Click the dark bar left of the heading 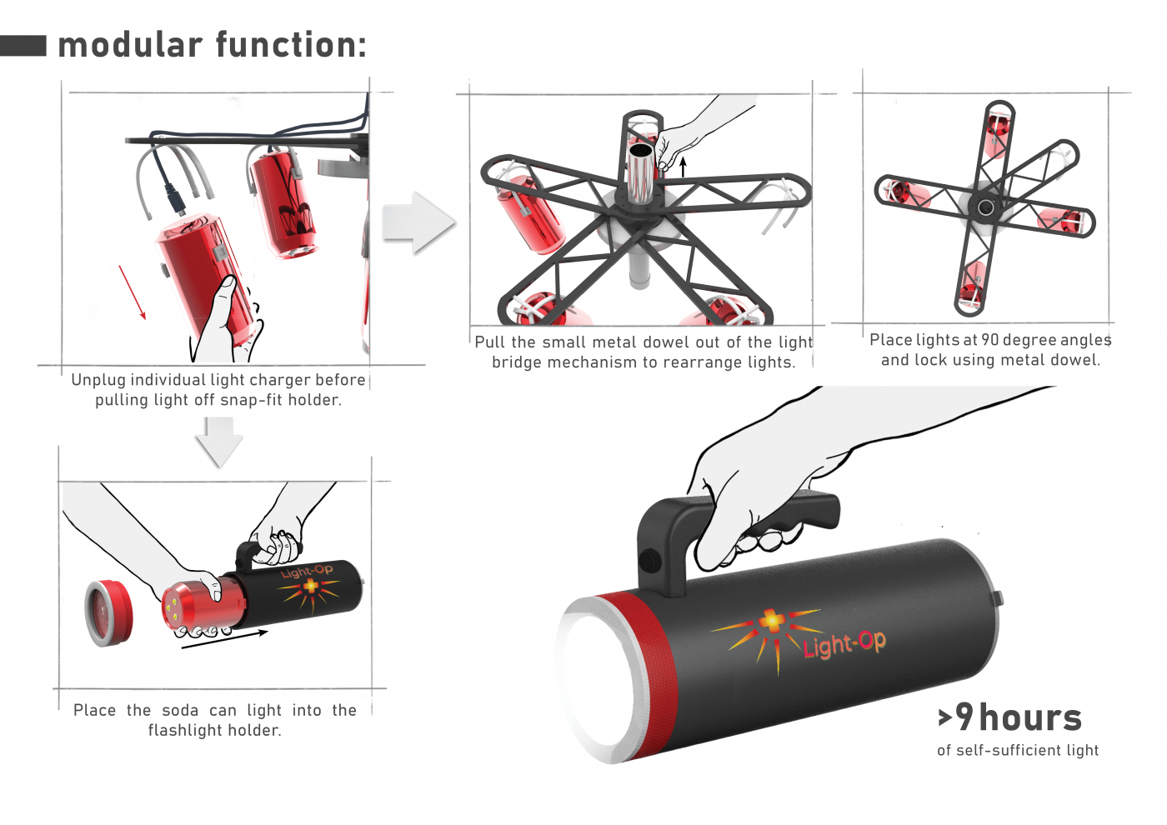(x=23, y=45)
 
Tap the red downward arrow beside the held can (x=133, y=292)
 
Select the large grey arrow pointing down (x=219, y=442)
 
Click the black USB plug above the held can (x=173, y=199)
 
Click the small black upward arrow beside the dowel (x=683, y=166)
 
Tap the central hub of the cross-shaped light (x=985, y=207)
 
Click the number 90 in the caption (x=990, y=340)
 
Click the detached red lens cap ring (x=109, y=612)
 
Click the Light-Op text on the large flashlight (x=844, y=644)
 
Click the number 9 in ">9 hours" (x=964, y=717)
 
